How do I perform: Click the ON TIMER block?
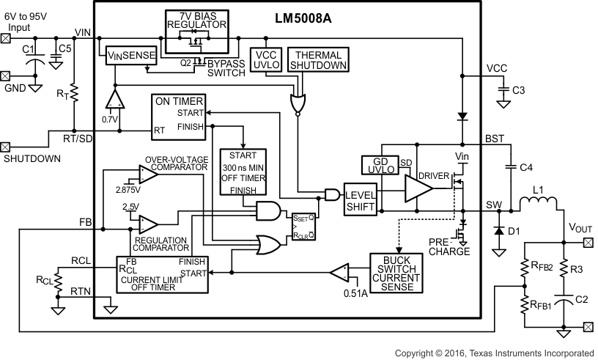click(178, 115)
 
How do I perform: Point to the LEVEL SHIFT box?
click(361, 198)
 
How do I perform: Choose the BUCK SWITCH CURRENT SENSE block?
click(398, 272)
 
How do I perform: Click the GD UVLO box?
click(379, 165)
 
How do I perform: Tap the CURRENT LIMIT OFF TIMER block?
click(163, 273)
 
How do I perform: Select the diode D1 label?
click(514, 232)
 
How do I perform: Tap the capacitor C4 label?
click(526, 168)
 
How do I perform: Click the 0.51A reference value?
click(357, 294)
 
